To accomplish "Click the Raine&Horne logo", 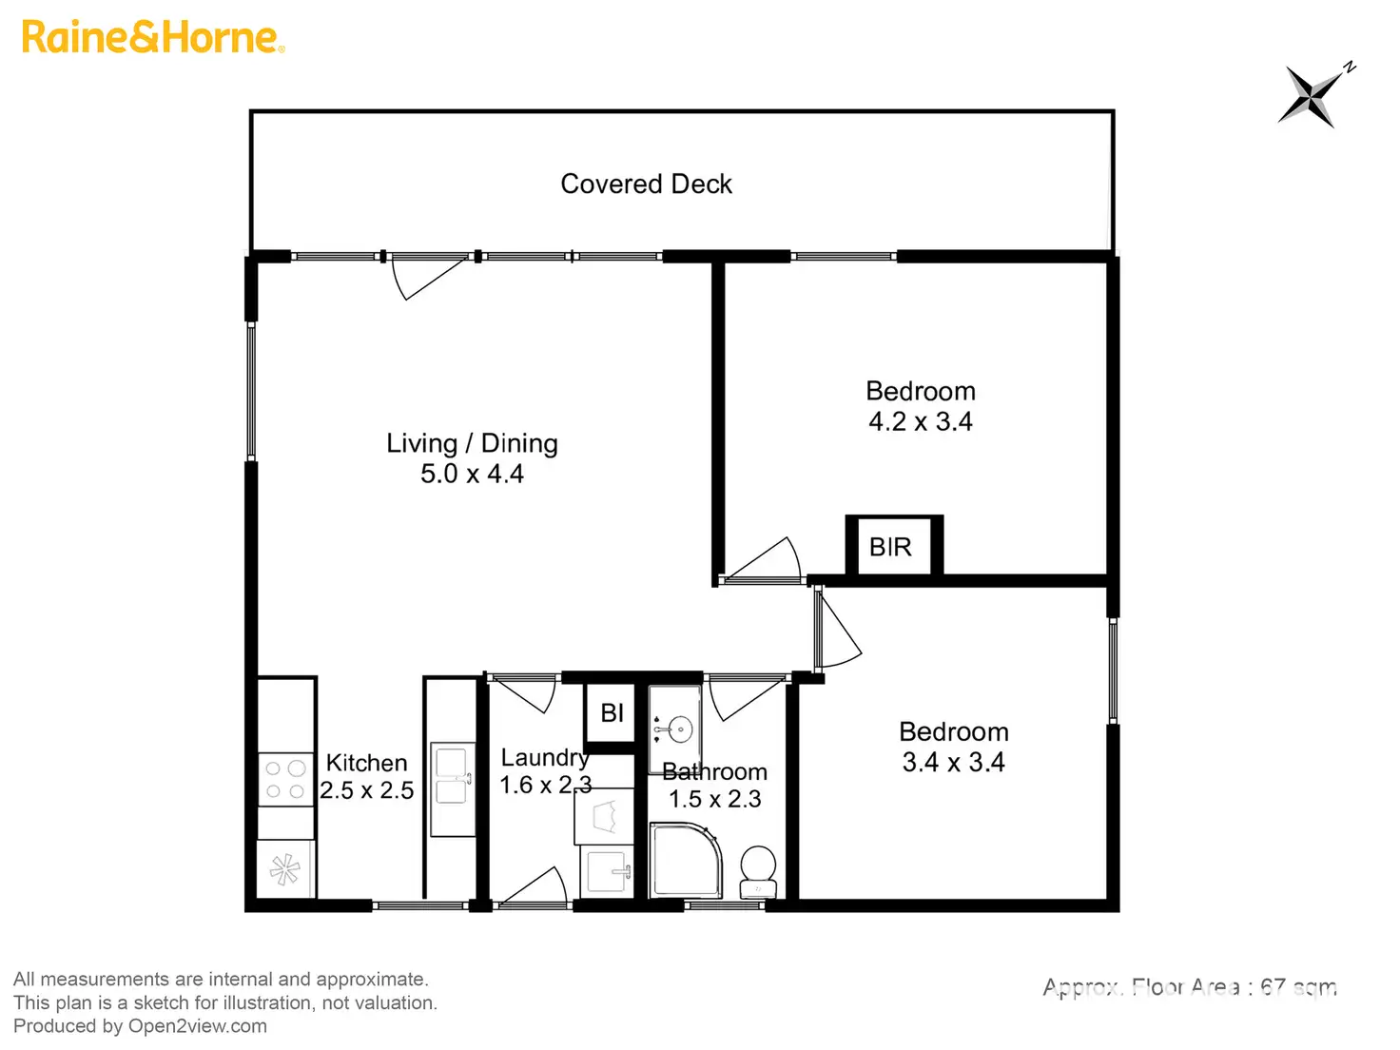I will click(152, 38).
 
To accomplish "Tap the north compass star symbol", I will click(1312, 94).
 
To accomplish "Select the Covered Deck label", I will click(646, 184).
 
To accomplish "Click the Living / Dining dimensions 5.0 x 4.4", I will click(472, 474).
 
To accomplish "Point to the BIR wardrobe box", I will click(892, 547).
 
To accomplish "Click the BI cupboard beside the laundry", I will click(612, 712).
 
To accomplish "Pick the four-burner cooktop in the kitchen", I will click(285, 779).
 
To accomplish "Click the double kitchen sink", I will click(452, 777).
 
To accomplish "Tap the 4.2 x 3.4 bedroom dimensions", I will click(920, 421).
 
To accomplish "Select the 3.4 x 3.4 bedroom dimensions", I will click(953, 762).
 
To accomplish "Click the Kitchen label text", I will click(366, 763).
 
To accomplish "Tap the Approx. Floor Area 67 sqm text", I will click(1190, 987).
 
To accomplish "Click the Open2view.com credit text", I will click(198, 1026).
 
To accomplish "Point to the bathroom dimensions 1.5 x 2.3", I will click(714, 799).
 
